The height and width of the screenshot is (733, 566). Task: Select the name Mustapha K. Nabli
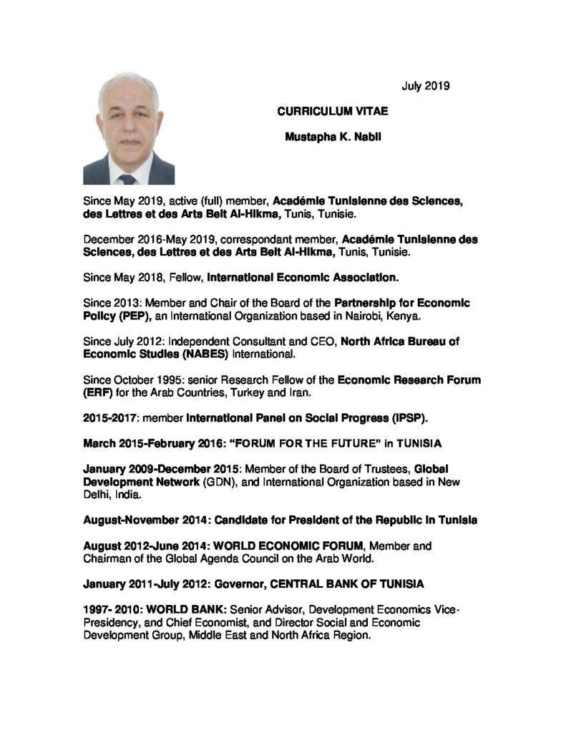[333, 137]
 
